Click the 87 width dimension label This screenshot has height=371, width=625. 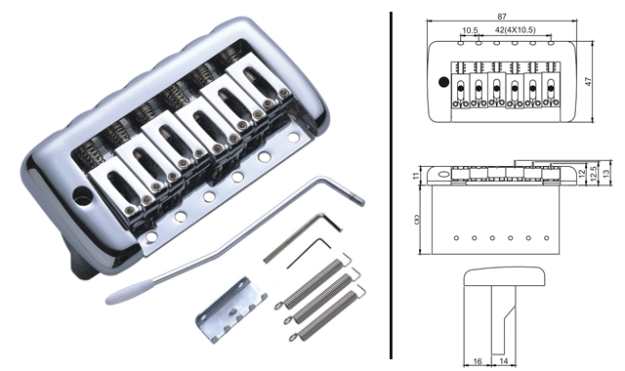click(502, 17)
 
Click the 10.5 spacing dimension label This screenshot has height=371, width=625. click(470, 30)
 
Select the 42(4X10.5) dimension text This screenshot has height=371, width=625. click(516, 30)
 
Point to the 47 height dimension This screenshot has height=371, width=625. click(589, 81)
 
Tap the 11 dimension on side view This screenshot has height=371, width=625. click(416, 176)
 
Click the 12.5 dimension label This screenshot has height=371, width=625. click(595, 174)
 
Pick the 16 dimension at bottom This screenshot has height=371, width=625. click(478, 361)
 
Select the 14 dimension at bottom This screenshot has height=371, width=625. click(504, 361)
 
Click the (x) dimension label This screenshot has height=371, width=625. click(417, 219)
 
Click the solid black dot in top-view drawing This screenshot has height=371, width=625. click(443, 82)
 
